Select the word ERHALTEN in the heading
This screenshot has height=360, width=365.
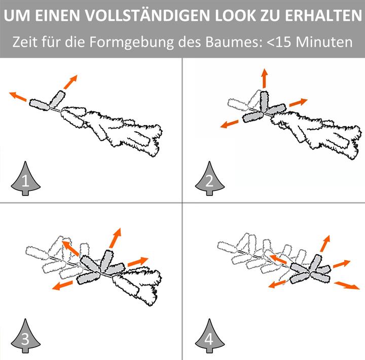click(x=323, y=16)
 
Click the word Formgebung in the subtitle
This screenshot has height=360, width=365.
click(x=131, y=42)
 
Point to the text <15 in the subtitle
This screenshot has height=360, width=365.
click(x=279, y=42)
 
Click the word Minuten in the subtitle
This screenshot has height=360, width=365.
click(x=324, y=42)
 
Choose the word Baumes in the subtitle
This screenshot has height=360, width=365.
click(x=234, y=42)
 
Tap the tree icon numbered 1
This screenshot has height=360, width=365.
click(x=26, y=178)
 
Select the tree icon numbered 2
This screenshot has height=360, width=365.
click(x=210, y=178)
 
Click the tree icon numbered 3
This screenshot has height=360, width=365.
click(x=26, y=336)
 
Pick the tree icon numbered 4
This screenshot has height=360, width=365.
click(x=210, y=336)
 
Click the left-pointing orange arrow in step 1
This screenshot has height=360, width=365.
click(x=18, y=97)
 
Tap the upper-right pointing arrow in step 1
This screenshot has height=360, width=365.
click(x=70, y=82)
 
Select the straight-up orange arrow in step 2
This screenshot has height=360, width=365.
click(x=264, y=78)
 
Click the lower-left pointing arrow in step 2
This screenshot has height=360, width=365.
click(x=230, y=124)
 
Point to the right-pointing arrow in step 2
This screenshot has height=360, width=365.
click(x=299, y=102)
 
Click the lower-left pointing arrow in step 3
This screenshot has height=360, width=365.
click(x=62, y=285)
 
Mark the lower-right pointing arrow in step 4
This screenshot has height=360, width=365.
click(x=347, y=286)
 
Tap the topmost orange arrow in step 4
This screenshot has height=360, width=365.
click(x=325, y=244)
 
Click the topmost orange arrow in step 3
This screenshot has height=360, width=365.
click(x=115, y=238)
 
